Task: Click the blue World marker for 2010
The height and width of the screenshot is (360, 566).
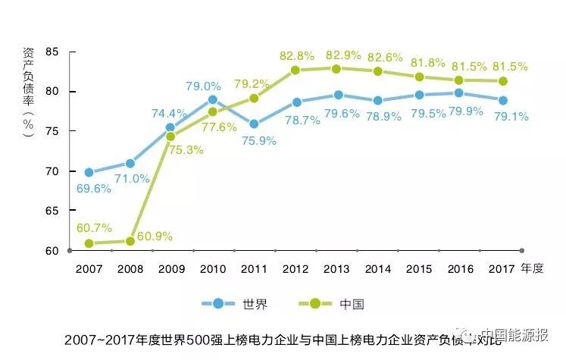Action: pyautogui.click(x=212, y=99)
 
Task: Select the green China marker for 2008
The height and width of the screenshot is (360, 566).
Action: pyautogui.click(x=130, y=241)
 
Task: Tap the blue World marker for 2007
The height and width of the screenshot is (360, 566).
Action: pyautogui.click(x=89, y=172)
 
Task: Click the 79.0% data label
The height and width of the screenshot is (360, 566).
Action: pyautogui.click(x=204, y=86)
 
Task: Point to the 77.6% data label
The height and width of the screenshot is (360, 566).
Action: pyautogui.click(x=218, y=127)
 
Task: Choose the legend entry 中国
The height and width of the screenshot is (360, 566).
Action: pyautogui.click(x=354, y=304)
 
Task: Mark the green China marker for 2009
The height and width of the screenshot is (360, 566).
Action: pyautogui.click(x=170, y=136)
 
